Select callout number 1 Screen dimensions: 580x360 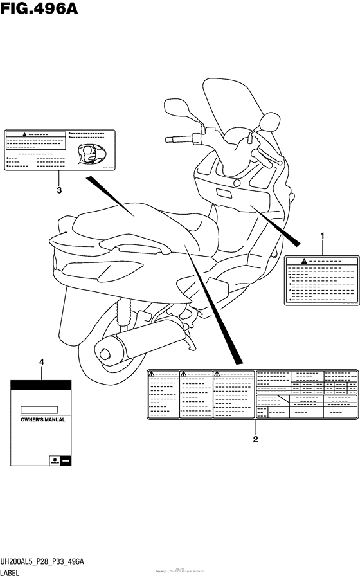[x=323, y=237]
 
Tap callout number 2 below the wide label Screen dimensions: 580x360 [x=255, y=440]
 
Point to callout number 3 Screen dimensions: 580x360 [x=59, y=190]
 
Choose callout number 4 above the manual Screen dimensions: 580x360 [x=42, y=363]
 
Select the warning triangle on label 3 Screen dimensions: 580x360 [x=22, y=136]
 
